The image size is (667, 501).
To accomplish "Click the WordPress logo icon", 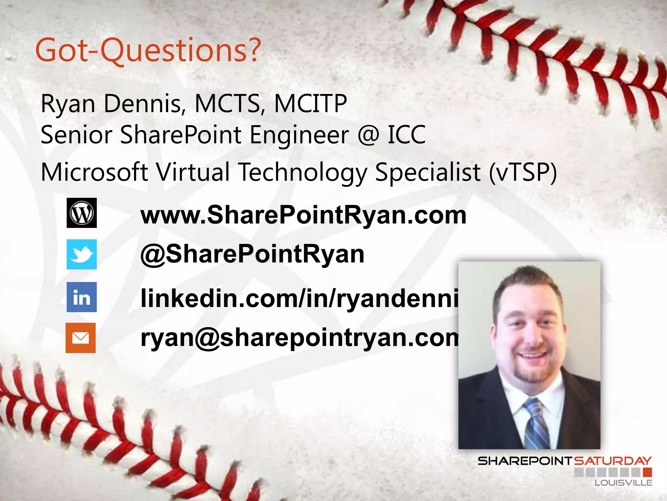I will [x=81, y=213].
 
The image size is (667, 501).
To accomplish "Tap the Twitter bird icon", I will [x=81, y=254].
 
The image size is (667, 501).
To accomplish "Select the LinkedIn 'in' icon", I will [x=81, y=297].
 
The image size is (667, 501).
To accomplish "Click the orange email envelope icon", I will [x=80, y=338].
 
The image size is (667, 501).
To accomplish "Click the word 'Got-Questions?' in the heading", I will [x=148, y=51].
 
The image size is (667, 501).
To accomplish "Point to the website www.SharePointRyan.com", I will [x=303, y=215].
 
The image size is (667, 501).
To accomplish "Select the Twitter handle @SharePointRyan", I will [x=252, y=254].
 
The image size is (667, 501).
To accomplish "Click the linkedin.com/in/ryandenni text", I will [x=299, y=298].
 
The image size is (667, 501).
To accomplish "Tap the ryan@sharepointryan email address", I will [x=299, y=338].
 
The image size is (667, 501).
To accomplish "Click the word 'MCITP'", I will [x=310, y=104].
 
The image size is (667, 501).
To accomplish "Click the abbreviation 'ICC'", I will [x=406, y=135].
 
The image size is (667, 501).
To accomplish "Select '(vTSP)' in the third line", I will [x=523, y=172].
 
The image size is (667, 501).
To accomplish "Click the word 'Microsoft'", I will [x=94, y=172].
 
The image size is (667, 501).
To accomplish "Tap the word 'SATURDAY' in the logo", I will [x=612, y=461].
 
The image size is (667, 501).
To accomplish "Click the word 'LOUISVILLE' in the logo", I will [x=623, y=483].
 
